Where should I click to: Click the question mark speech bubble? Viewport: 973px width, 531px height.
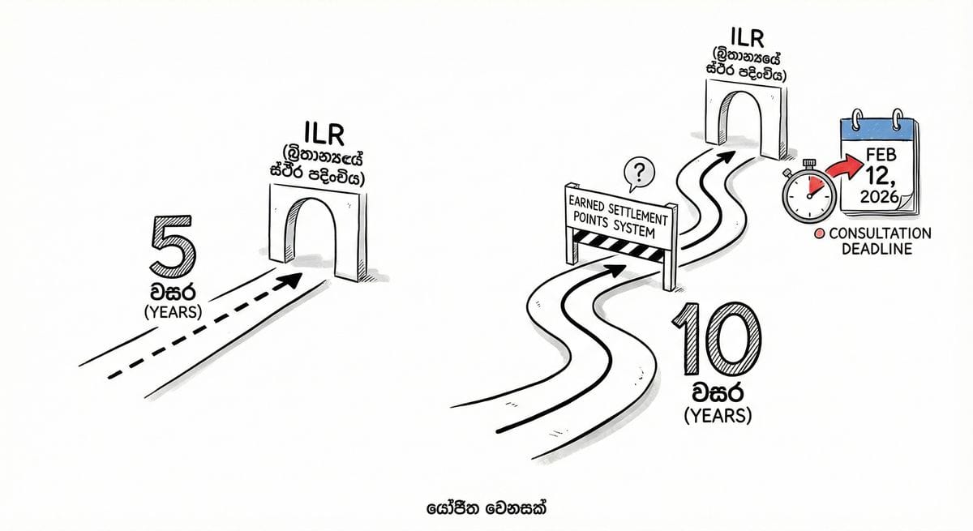(x=640, y=171)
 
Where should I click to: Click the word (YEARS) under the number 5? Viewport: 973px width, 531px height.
(x=172, y=312)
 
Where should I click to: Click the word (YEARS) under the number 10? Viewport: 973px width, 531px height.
(x=718, y=416)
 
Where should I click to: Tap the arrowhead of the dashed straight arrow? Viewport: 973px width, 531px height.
(x=293, y=280)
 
